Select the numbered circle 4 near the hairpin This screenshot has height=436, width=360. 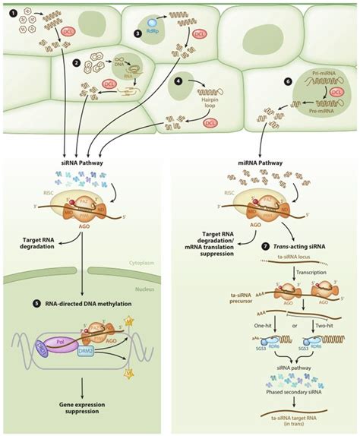click(178, 79)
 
